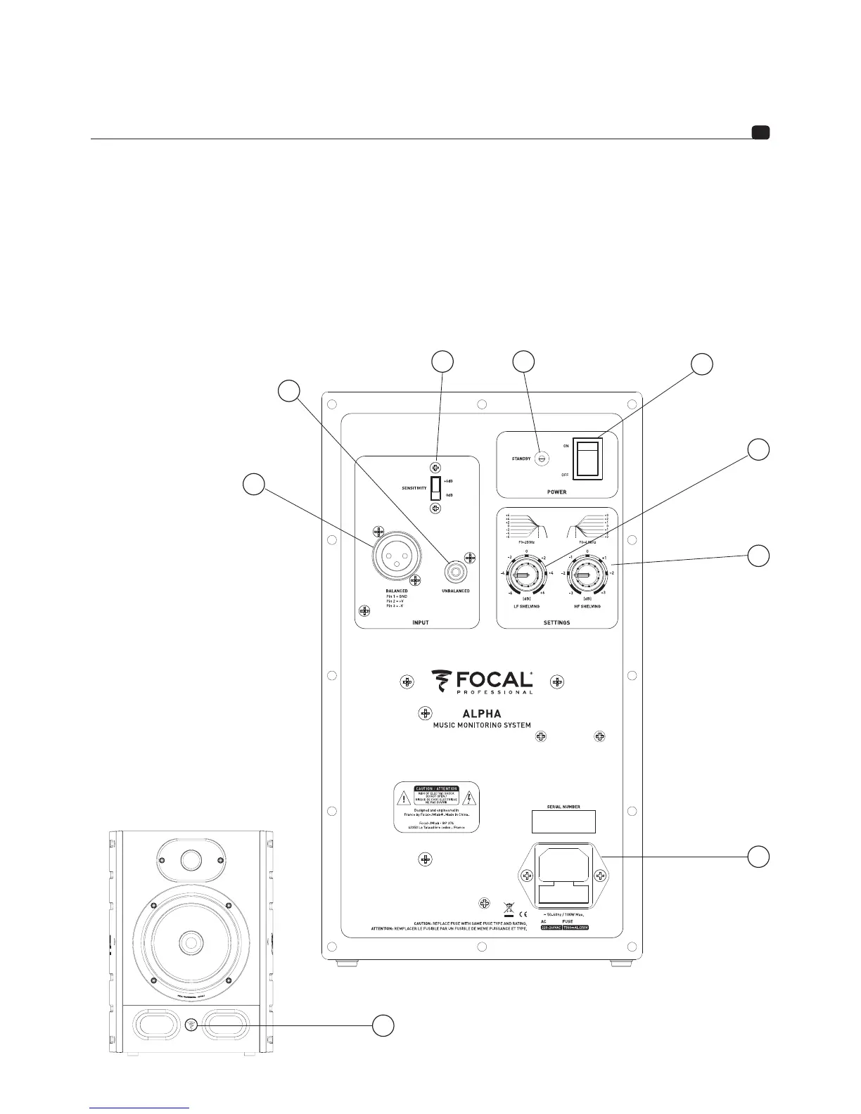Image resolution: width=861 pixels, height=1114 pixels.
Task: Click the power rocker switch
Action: (587, 457)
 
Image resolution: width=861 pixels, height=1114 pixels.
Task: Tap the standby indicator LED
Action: (542, 458)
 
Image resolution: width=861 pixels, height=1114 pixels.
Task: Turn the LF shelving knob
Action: (521, 576)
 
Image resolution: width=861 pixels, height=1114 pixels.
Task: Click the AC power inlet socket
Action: (563, 876)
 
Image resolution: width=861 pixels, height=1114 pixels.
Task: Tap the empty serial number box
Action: (562, 821)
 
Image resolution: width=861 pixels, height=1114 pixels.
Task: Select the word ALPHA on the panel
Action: (481, 713)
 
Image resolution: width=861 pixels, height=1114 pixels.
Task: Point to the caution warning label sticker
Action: (435, 807)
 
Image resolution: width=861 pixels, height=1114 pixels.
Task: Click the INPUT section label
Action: (420, 622)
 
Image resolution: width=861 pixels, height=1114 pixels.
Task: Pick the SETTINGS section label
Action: (557, 622)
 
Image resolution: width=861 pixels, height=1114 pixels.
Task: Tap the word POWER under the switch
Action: (556, 492)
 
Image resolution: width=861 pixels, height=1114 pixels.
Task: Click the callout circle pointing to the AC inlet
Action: (758, 857)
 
